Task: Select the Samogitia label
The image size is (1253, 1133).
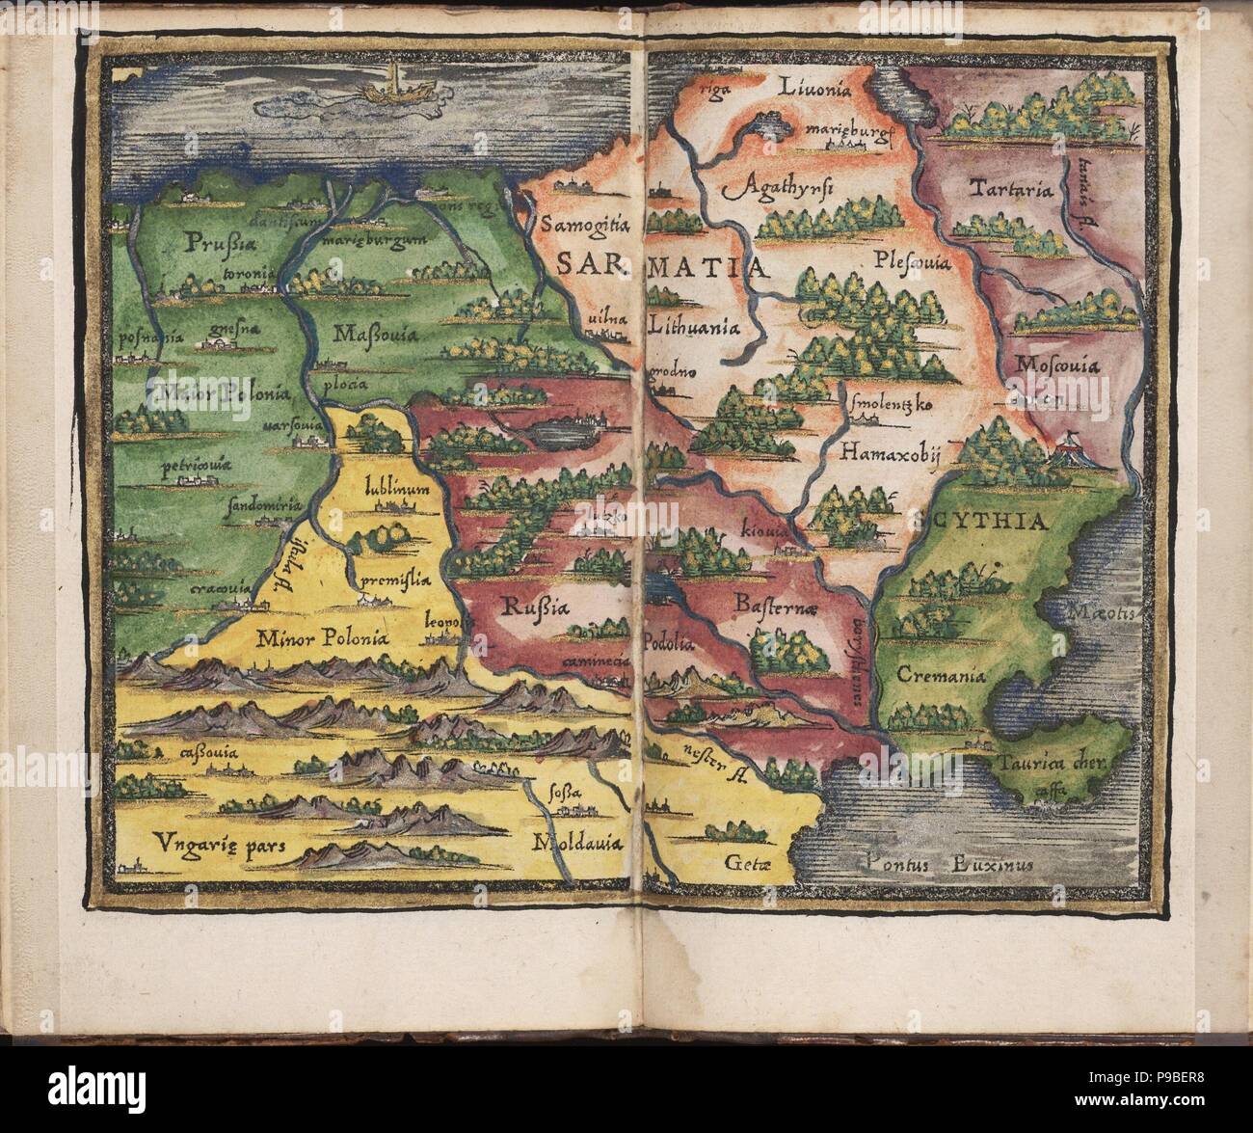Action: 585,226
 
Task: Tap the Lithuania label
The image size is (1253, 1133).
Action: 696,326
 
